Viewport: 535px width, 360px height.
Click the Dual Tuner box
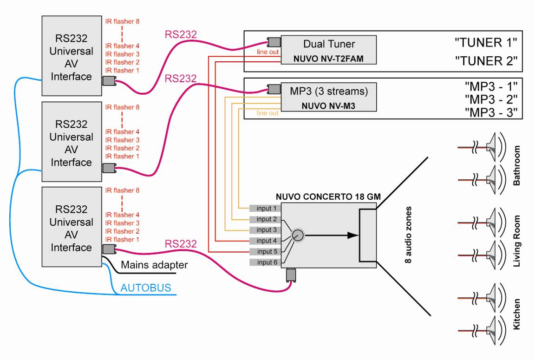329,51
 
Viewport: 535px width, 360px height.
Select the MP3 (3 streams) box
329,98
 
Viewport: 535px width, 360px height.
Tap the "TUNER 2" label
485,61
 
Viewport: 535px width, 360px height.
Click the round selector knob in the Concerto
298,236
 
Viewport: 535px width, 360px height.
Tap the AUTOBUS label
145,288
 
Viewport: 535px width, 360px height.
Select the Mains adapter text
154,265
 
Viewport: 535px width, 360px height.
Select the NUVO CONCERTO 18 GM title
328,197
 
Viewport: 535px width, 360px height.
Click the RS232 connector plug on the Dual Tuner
273,42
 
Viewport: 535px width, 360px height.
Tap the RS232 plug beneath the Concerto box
292,275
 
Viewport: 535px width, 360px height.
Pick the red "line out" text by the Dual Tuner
268,52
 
